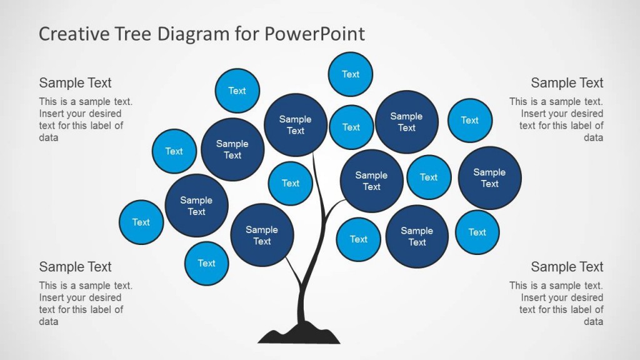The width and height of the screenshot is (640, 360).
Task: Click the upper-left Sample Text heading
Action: tap(75, 83)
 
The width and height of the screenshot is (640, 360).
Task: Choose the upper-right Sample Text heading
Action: tap(567, 83)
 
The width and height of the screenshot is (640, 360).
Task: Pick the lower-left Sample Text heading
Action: tap(75, 267)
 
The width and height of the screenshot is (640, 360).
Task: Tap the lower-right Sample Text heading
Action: tap(567, 267)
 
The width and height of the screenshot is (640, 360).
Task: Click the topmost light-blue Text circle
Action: tap(351, 74)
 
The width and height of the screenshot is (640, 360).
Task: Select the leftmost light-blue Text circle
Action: tap(141, 222)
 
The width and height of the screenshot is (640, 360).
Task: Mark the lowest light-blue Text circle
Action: tap(207, 263)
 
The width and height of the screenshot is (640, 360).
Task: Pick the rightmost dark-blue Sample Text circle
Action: tap(489, 178)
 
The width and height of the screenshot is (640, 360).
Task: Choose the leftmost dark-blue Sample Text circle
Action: tap(197, 206)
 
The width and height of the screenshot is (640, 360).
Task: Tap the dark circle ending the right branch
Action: tap(371, 181)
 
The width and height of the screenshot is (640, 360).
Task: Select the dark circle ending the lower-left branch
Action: tap(262, 235)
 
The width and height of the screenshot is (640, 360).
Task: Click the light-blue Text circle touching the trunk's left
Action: tap(291, 183)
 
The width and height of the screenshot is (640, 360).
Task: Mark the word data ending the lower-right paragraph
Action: tap(593, 321)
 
